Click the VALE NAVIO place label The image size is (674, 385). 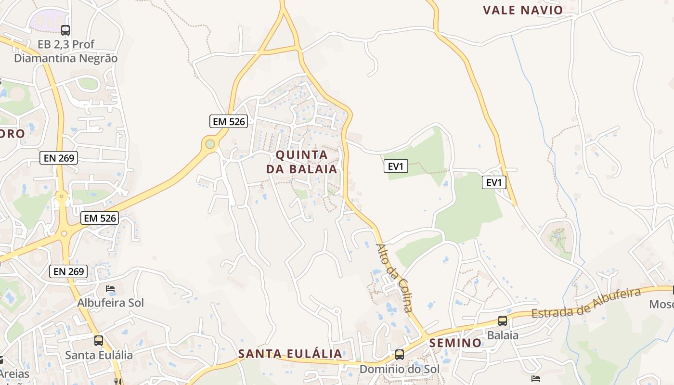(523, 10)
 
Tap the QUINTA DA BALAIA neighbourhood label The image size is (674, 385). (302, 162)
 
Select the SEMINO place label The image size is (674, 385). (455, 343)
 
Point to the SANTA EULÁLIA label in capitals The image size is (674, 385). (290, 354)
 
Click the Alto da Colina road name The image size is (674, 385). (394, 278)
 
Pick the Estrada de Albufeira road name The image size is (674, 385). (587, 303)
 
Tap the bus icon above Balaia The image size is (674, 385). (503, 321)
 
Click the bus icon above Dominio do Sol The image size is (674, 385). (400, 355)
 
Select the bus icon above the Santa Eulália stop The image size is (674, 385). (99, 341)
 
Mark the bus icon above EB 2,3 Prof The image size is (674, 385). (65, 30)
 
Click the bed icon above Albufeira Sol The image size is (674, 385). (110, 289)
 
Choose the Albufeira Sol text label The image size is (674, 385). (111, 303)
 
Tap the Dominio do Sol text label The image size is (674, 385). (400, 369)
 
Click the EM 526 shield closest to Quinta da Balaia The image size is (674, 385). (229, 121)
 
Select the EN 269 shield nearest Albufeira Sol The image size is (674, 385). (69, 271)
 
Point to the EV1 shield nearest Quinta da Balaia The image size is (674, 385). (396, 167)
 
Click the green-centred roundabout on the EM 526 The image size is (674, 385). (210, 144)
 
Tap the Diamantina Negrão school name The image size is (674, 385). (65, 58)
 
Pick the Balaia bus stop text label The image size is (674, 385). (503, 335)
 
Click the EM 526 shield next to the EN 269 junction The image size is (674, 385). (100, 218)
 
